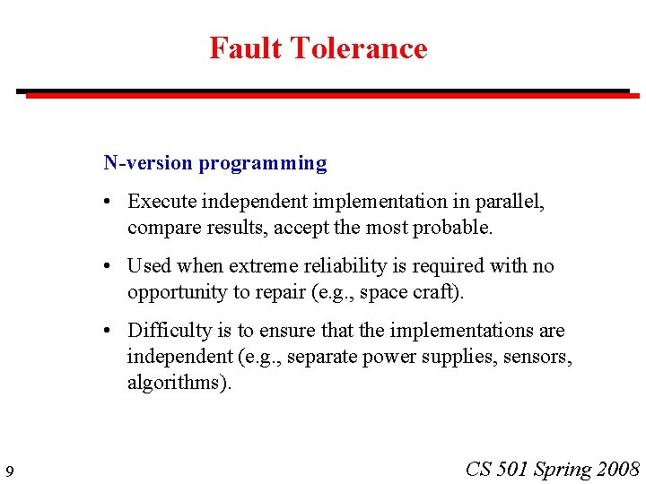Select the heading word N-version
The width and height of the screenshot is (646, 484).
click(148, 163)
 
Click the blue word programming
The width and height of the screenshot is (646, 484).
click(263, 163)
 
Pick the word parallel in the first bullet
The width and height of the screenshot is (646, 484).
click(512, 202)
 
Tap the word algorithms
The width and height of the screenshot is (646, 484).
click(176, 383)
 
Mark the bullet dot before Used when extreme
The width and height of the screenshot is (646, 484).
click(107, 267)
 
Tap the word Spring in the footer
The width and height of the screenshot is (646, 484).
click(562, 469)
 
